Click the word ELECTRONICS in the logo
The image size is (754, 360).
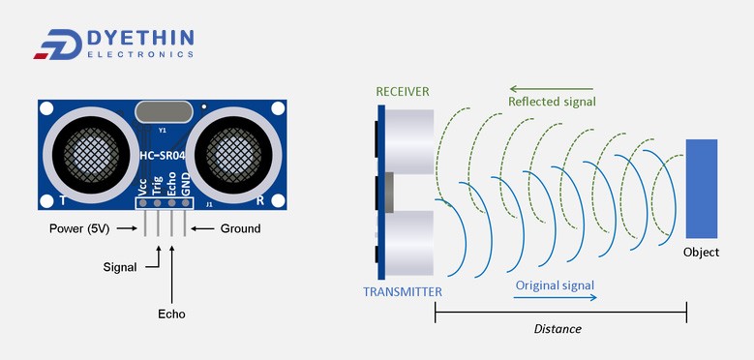coord(140,54)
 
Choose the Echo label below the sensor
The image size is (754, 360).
coord(171,314)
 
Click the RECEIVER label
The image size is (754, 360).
coord(402,92)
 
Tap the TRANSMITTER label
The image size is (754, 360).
coord(403,291)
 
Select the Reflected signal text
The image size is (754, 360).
coord(552,102)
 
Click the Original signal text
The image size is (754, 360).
coord(555,285)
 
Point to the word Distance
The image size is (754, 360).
coord(558,329)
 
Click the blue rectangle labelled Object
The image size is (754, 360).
coord(702,188)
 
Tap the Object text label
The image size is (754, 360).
coord(702,253)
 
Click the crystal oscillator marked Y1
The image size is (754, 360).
coord(162,113)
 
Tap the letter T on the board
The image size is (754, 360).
coord(62,200)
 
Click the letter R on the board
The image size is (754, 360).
coord(260,200)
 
